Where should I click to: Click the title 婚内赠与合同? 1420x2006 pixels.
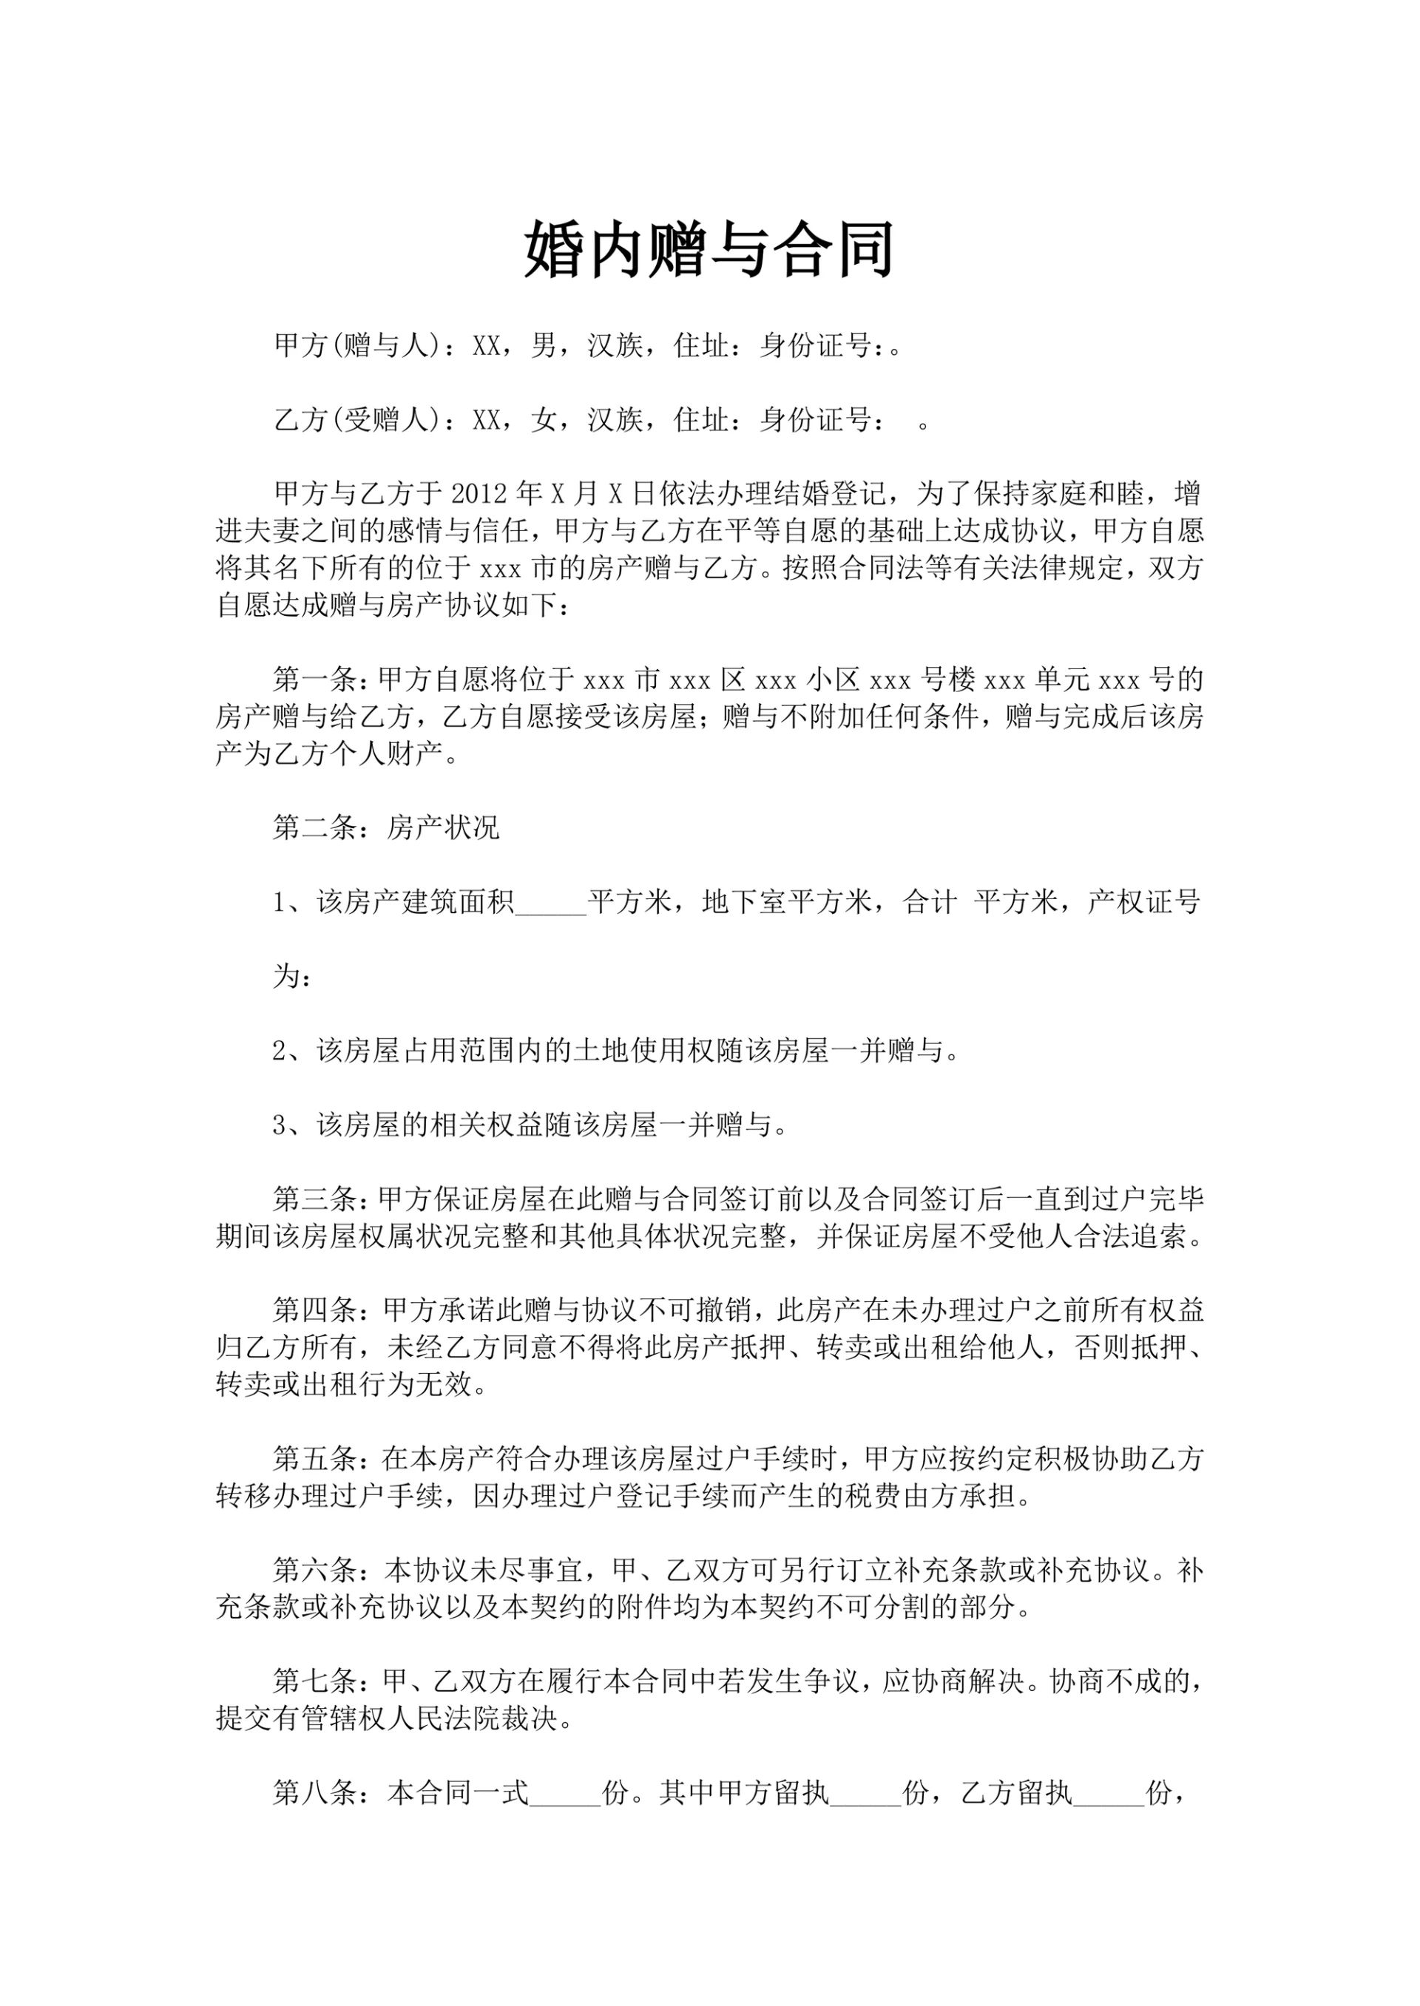(709, 250)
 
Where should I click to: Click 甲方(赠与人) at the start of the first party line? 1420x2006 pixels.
(359, 346)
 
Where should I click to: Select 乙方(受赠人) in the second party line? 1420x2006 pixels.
(359, 421)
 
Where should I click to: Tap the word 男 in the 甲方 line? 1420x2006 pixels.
(544, 346)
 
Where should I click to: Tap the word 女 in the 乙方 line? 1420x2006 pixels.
(544, 421)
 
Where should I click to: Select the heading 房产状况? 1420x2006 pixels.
(443, 827)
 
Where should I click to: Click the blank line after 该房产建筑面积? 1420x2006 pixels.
(552, 904)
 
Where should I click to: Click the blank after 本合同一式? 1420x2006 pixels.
(566, 1796)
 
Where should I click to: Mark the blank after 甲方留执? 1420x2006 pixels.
(865, 1796)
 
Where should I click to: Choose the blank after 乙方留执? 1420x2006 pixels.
(1109, 1796)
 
